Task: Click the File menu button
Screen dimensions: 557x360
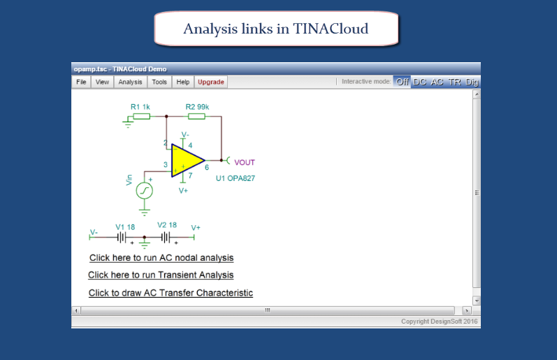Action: [x=81, y=82]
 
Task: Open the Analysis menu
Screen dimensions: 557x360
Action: [x=130, y=82]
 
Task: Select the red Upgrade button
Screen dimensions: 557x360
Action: [x=210, y=82]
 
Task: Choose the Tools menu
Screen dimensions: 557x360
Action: [x=159, y=82]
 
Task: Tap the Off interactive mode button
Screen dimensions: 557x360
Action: [x=402, y=82]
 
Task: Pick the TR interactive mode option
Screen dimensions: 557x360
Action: [x=454, y=82]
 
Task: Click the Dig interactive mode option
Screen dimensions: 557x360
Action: [x=472, y=82]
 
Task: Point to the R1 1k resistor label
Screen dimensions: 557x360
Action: [x=140, y=107]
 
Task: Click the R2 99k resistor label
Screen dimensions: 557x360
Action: [x=197, y=107]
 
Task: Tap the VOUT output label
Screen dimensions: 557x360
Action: [x=245, y=162]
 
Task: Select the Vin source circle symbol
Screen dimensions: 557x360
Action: [x=144, y=191]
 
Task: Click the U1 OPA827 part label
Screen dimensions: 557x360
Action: [x=235, y=178]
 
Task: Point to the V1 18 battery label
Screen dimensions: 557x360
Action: [x=125, y=227]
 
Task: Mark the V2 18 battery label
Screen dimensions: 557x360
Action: [x=167, y=225]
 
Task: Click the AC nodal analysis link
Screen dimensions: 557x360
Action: [x=161, y=258]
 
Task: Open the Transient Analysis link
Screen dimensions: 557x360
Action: [x=161, y=275]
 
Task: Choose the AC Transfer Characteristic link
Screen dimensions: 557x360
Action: [x=171, y=293]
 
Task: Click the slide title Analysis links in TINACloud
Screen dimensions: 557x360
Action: [x=275, y=29]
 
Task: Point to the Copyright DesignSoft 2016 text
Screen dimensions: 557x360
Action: [x=439, y=322]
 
